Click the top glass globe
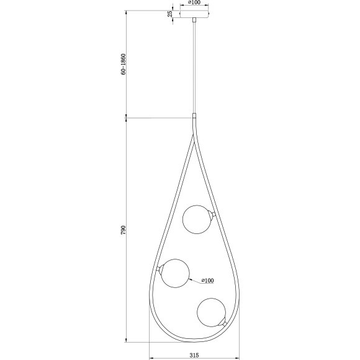tap(197, 219)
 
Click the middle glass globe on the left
tap(175, 273)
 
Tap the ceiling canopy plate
tap(195, 14)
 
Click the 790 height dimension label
tap(124, 230)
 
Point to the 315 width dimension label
tap(194, 354)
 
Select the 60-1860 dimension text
tap(124, 64)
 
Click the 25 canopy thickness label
tap(170, 14)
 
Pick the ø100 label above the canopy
tap(194, 3)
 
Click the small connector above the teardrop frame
tap(195, 116)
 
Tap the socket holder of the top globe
tap(213, 215)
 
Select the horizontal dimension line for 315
tap(194, 359)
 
